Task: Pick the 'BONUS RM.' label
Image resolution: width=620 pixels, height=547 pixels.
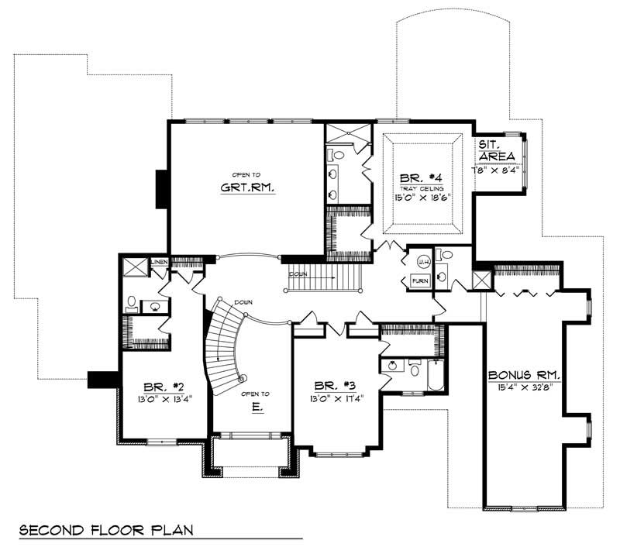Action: [x=524, y=375]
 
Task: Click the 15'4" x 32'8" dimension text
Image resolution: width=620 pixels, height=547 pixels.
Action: [x=524, y=387]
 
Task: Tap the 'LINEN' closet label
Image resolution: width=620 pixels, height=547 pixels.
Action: [x=160, y=263]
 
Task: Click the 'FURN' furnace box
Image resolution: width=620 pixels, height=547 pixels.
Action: [x=420, y=280]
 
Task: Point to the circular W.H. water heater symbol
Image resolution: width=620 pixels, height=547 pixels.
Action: [x=423, y=261]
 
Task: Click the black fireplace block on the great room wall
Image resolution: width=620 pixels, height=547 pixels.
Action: [x=162, y=188]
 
